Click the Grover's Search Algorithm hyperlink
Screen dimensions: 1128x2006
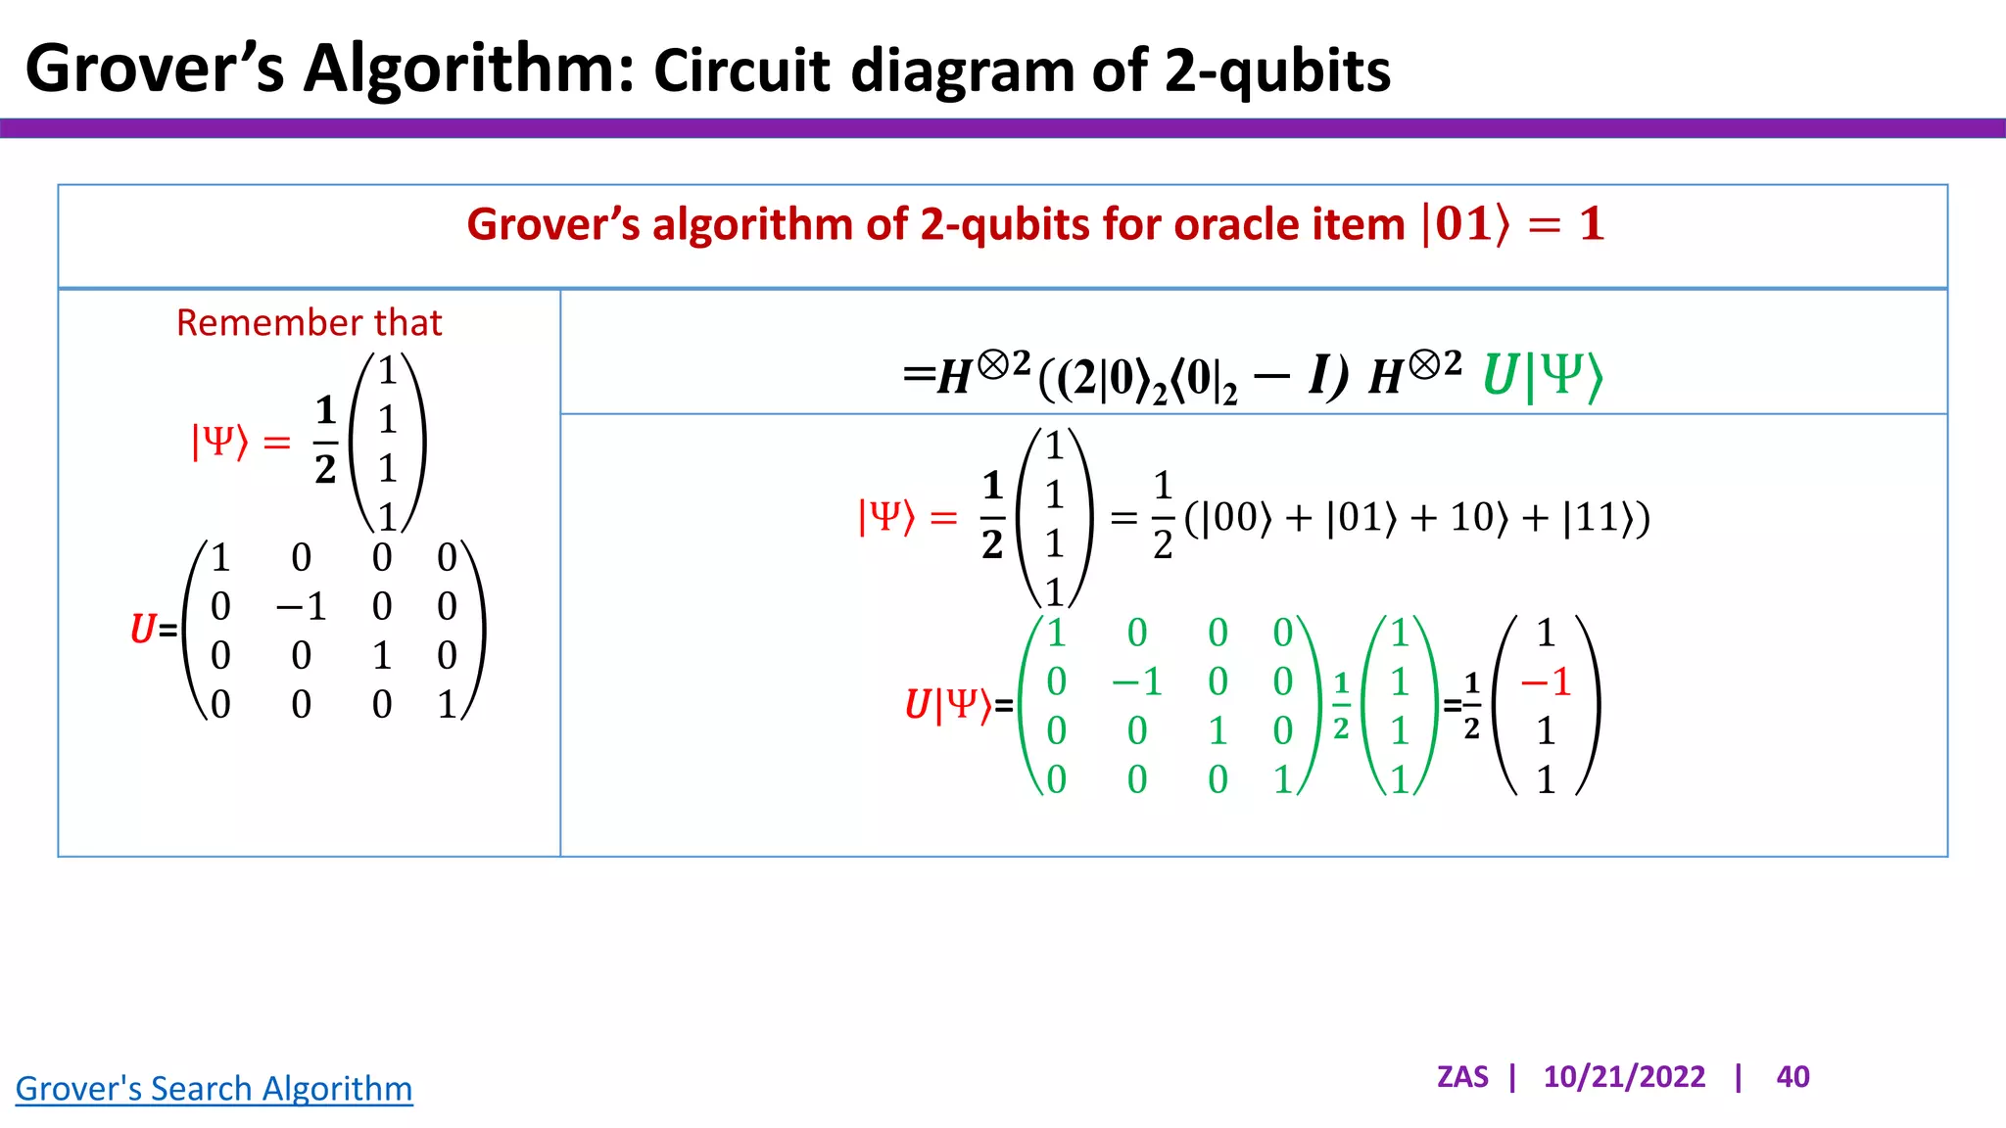(x=214, y=1089)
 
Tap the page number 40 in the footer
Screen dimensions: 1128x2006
(x=1792, y=1077)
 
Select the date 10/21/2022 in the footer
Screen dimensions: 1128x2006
(x=1624, y=1077)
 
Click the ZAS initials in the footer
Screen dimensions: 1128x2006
(x=1461, y=1077)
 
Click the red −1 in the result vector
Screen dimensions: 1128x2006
(x=1545, y=681)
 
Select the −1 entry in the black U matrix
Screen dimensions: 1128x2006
(x=301, y=607)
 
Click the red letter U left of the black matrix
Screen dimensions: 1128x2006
(x=143, y=629)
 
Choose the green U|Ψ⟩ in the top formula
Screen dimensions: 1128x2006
(x=1543, y=376)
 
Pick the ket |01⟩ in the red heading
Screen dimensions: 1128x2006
(x=1464, y=224)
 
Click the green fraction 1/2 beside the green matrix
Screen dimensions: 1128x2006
(x=1341, y=705)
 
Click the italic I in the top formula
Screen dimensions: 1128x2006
(x=1320, y=374)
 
